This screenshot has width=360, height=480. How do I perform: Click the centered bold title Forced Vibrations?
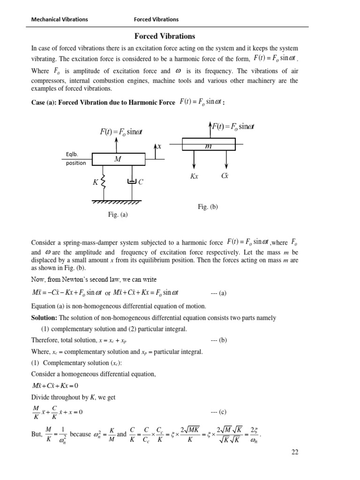[x=165, y=36]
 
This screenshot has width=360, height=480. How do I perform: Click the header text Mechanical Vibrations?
[x=59, y=19]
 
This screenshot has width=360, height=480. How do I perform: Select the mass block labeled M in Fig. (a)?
[x=118, y=159]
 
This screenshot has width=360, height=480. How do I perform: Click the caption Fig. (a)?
[x=118, y=215]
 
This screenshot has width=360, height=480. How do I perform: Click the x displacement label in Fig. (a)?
[x=159, y=146]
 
